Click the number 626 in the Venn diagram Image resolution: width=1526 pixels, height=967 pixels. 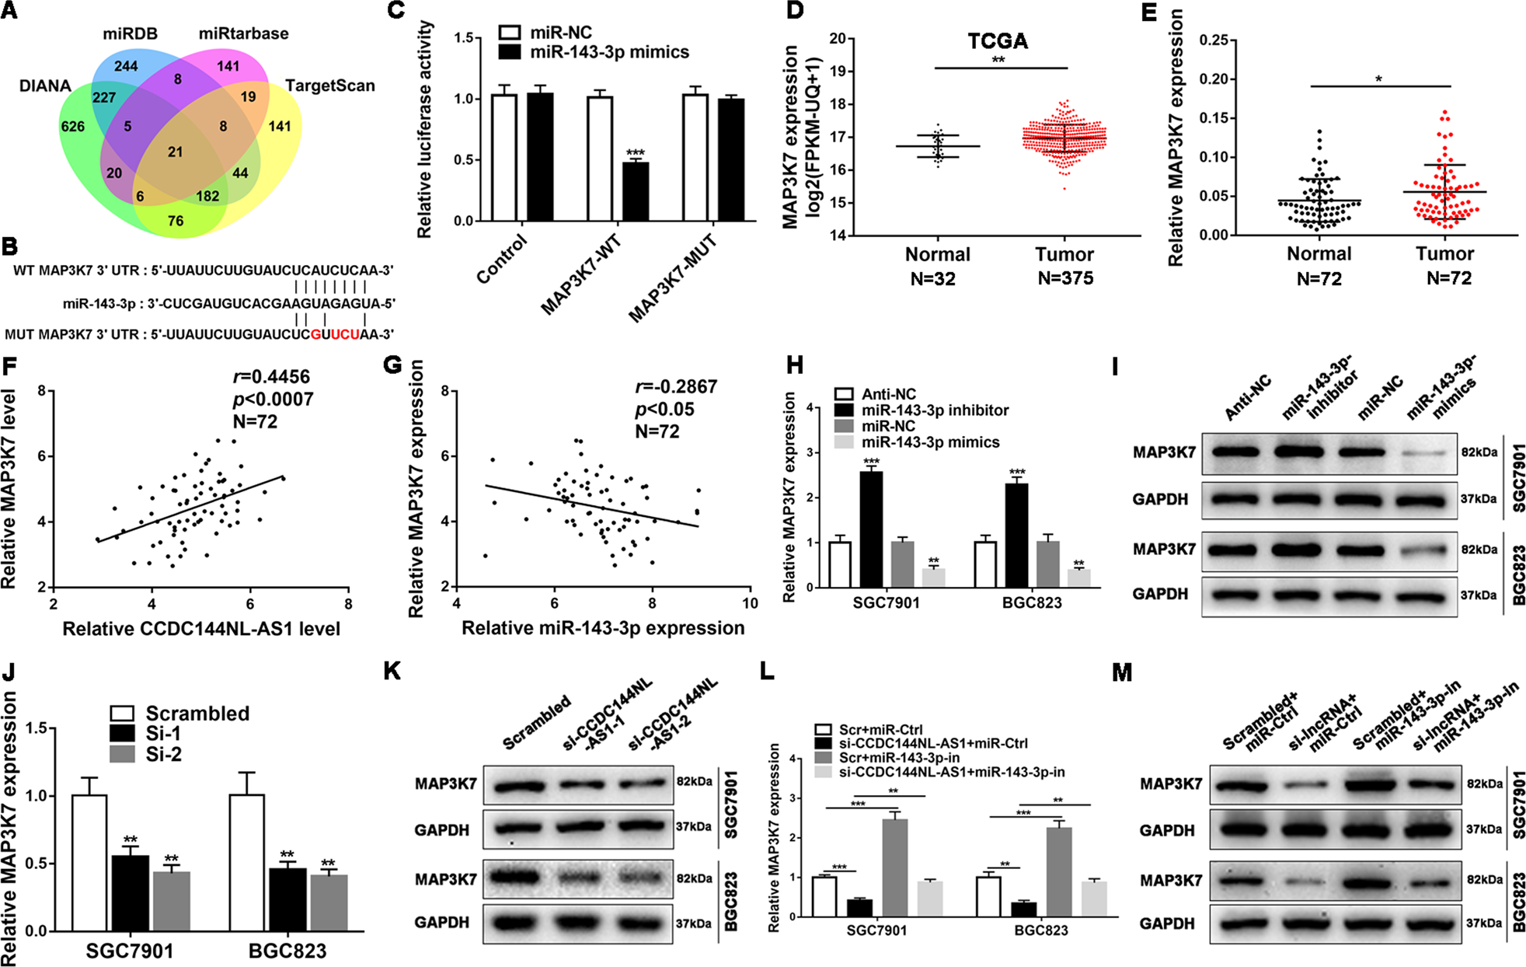point(72,126)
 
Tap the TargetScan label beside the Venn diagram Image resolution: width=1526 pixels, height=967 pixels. point(329,86)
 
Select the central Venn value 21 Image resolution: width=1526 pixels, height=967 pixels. point(176,152)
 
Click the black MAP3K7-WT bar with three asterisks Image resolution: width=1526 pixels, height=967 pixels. point(636,191)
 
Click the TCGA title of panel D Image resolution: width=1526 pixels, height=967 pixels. point(998,41)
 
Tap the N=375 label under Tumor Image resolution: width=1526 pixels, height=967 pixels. point(1065,278)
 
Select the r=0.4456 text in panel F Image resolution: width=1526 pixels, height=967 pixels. point(272,377)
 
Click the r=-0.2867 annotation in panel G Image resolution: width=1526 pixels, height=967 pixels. point(676,387)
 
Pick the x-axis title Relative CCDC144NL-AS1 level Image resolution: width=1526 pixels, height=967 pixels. point(201,629)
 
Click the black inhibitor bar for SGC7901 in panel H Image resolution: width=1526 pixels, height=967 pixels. point(871,529)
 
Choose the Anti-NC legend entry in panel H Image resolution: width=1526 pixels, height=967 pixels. point(888,394)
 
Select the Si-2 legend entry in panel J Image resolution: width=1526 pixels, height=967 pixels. point(163,754)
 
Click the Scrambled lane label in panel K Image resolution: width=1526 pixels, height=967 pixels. point(537,723)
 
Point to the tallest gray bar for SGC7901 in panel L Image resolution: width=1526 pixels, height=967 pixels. point(895,867)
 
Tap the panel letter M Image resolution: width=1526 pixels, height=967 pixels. point(1121,672)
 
